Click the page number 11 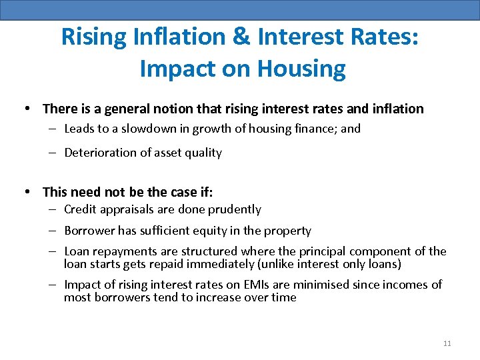(x=447, y=343)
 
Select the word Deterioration (x=99, y=153)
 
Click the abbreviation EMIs (x=265, y=285)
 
